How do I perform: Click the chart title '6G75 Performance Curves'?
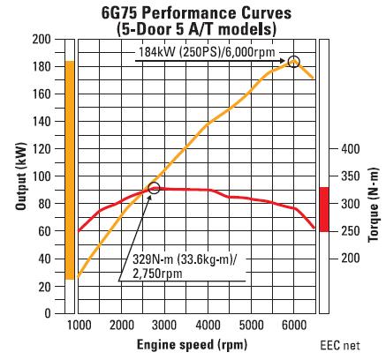tap(196, 13)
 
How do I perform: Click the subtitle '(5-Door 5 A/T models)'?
tap(196, 29)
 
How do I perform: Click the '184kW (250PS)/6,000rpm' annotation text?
tap(207, 52)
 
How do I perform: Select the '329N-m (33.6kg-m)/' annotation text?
tap(185, 259)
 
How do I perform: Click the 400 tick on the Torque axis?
tap(351, 149)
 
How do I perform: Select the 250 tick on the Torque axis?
tap(351, 231)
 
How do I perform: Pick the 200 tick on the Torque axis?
tap(351, 259)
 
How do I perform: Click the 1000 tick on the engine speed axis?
tap(78, 326)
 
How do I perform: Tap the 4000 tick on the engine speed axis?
tap(208, 326)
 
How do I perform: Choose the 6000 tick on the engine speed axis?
tap(294, 326)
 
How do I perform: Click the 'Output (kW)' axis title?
tap(20, 176)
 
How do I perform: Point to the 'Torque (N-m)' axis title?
tap(373, 205)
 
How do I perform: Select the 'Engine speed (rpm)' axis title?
tap(192, 344)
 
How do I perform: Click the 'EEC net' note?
tap(340, 346)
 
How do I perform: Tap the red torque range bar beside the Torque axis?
tap(324, 209)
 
